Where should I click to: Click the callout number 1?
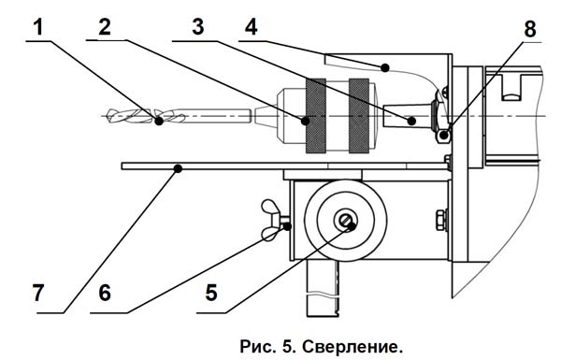[38, 27]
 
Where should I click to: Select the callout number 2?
[105, 27]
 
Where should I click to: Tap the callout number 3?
[198, 27]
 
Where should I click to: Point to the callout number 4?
[252, 27]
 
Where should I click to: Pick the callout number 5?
[211, 293]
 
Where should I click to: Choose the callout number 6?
[105, 293]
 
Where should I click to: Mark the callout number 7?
[38, 293]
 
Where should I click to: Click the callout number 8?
[530, 29]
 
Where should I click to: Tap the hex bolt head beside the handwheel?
[440, 220]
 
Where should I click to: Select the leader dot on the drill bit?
[159, 121]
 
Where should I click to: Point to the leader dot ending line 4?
[384, 67]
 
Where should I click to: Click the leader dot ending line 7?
[178, 168]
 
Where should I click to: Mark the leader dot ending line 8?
[444, 136]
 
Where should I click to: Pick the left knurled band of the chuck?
[316, 116]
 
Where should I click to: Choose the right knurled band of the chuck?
[359, 116]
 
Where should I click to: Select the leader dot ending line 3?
[411, 121]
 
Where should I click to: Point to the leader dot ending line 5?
[352, 226]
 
